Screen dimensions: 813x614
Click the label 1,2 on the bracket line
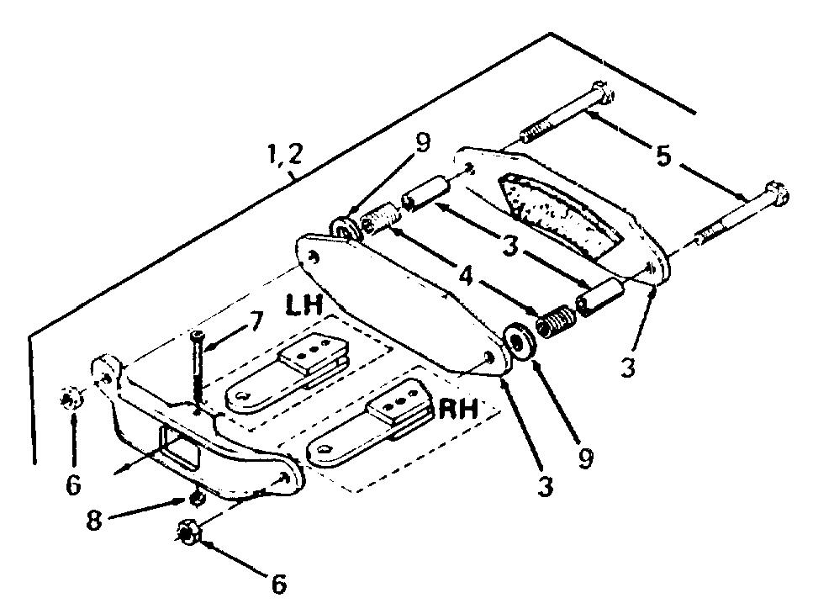(283, 154)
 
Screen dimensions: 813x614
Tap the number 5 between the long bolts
(663, 156)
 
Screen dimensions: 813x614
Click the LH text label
(304, 306)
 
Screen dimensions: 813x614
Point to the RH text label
(458, 409)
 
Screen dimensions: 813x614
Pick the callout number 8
(94, 520)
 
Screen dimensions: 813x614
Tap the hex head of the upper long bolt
(603, 95)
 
